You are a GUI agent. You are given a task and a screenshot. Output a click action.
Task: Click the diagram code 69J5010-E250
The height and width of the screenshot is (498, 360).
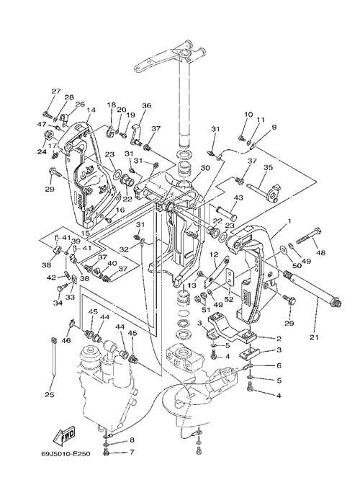(66, 453)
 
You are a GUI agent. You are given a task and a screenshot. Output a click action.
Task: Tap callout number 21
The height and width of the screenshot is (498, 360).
(315, 337)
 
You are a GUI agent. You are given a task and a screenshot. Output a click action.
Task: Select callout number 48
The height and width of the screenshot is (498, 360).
(321, 254)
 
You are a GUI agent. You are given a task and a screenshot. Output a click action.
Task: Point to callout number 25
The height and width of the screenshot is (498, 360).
(50, 395)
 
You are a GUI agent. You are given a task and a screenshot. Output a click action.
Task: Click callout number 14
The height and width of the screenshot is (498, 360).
(91, 110)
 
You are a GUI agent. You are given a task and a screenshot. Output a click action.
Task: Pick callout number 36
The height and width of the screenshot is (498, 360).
(147, 105)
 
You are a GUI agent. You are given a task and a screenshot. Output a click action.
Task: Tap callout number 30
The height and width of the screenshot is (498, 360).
(205, 168)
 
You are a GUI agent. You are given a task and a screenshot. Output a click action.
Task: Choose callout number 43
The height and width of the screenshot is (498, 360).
(238, 198)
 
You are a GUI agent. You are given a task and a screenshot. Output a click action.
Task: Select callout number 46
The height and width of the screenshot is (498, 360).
(66, 341)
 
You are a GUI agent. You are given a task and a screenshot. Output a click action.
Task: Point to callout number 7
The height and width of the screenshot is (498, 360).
(132, 451)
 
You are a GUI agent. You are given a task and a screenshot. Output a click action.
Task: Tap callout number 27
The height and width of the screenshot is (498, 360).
(56, 91)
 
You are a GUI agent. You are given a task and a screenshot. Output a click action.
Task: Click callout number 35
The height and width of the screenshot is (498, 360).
(268, 167)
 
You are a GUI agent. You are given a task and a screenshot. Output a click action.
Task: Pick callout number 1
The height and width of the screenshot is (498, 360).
(289, 220)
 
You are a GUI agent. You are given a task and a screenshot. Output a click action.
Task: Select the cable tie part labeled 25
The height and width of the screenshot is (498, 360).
(54, 357)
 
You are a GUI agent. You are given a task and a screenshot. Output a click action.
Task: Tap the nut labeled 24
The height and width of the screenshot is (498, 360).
(48, 134)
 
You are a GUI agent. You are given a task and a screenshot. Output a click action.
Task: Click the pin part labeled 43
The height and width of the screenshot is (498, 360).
(226, 213)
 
